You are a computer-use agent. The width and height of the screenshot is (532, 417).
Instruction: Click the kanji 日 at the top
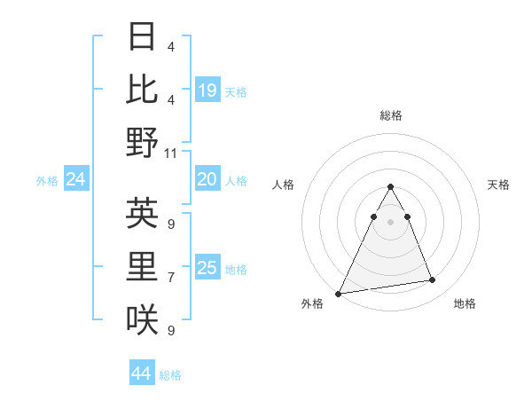coord(143,37)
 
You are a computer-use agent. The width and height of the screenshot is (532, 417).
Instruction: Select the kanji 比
coord(143,90)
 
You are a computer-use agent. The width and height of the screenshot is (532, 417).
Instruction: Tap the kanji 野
coord(143,142)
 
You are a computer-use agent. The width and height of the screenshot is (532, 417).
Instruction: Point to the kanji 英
coord(143,213)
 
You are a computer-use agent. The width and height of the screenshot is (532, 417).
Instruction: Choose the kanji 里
coord(143,266)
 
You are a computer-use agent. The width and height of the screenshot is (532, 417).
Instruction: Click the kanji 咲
coord(143,319)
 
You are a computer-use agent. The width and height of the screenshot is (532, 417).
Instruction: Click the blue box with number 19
coord(207,90)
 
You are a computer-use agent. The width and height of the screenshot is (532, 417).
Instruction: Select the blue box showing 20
coord(207,179)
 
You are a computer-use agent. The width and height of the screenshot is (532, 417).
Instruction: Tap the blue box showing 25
coord(207,268)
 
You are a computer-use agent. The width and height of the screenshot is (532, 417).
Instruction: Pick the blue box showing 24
coord(76,179)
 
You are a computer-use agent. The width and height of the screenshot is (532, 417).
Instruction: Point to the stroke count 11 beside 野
coord(171,153)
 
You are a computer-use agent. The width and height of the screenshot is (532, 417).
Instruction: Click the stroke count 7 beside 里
coord(171,278)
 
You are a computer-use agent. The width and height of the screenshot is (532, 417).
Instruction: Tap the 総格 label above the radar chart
coord(390,115)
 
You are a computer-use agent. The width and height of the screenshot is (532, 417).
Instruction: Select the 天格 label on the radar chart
coord(498,185)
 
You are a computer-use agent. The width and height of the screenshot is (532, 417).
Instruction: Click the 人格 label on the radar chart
coord(283,185)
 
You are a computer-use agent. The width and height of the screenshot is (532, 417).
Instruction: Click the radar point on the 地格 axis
coord(433,280)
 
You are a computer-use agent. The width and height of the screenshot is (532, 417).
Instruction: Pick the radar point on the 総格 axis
coord(390,187)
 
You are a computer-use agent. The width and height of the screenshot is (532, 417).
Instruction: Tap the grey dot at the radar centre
coord(390,222)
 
